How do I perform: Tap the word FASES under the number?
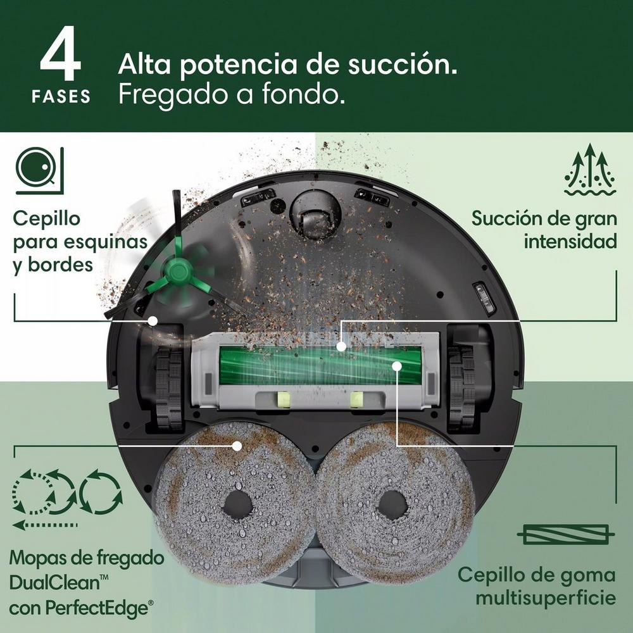tap(61, 97)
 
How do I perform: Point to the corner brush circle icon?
tap(39, 170)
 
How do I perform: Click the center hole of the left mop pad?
tap(237, 505)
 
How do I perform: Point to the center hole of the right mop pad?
tap(392, 505)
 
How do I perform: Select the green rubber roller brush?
tap(320, 365)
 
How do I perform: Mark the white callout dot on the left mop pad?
tap(237, 446)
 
